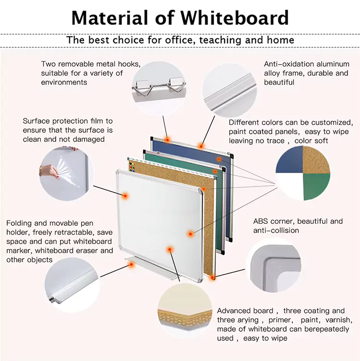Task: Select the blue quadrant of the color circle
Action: click(x=289, y=159)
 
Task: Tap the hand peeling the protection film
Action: click(x=49, y=170)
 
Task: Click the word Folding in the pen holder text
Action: click(x=19, y=223)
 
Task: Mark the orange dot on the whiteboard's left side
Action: click(x=125, y=196)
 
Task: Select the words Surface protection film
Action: click(x=63, y=121)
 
